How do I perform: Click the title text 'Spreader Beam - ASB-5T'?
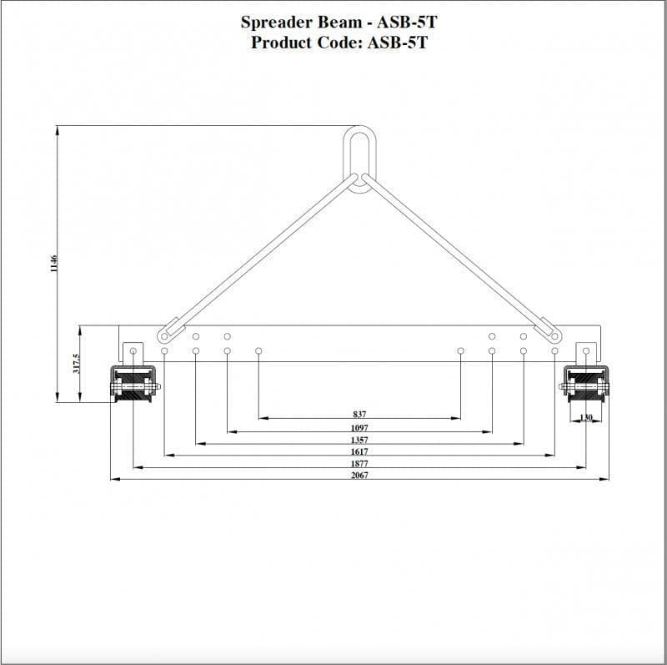pos(339,23)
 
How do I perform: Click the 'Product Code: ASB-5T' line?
pos(339,43)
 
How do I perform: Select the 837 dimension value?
pos(359,414)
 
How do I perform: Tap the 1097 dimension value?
pos(359,427)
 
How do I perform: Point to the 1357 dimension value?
pos(359,440)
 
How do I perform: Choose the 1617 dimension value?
pos(359,451)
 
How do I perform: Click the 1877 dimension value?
pos(359,463)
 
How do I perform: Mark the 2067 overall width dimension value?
pos(359,475)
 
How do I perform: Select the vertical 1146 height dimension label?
pos(52,264)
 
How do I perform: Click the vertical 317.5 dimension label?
pos(75,365)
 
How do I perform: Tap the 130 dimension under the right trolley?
pos(586,417)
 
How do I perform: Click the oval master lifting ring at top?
pos(360,159)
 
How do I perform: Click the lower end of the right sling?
pos(554,334)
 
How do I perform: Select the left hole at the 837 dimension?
pos(258,351)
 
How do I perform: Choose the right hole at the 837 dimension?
pos(460,351)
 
